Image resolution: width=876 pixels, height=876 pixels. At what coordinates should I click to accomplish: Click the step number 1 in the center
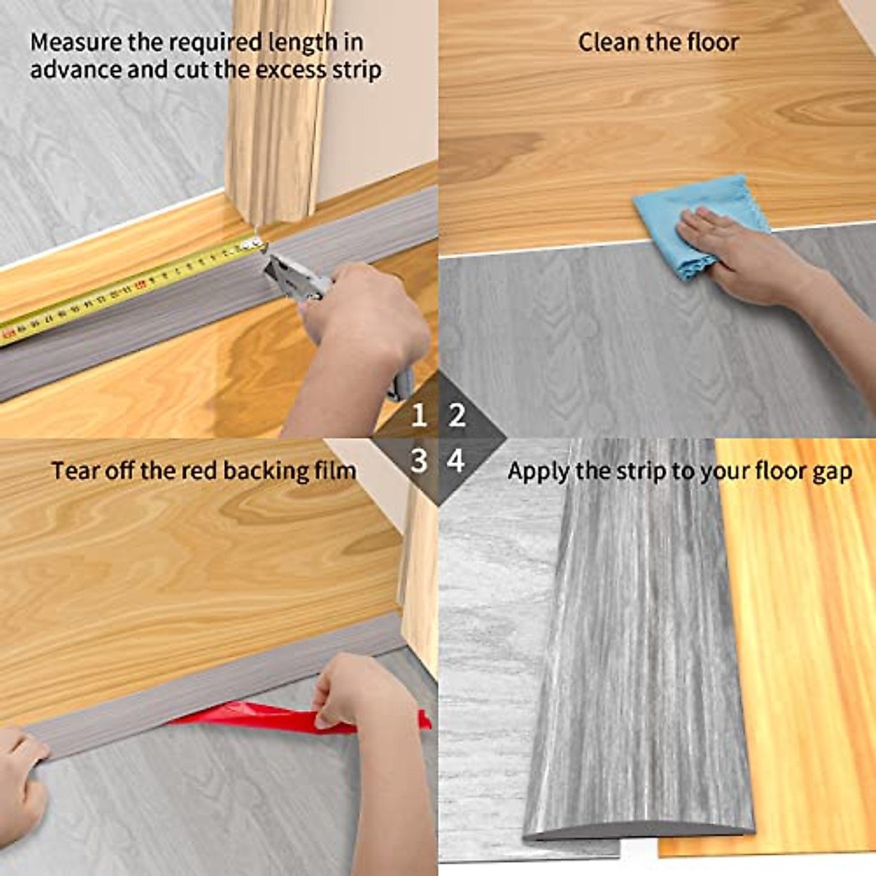pyautogui.click(x=418, y=416)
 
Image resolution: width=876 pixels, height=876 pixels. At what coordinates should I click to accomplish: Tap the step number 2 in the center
pyautogui.click(x=458, y=416)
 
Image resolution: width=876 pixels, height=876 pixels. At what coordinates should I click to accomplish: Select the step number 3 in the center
pyautogui.click(x=418, y=461)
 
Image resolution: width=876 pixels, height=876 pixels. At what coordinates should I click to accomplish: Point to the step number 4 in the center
pyautogui.click(x=456, y=461)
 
